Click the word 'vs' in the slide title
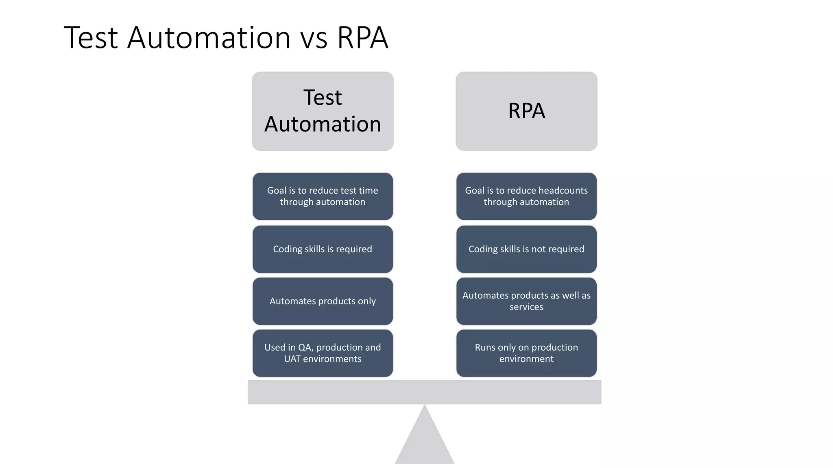click(x=314, y=39)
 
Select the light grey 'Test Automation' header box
click(x=323, y=111)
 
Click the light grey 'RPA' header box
click(x=526, y=111)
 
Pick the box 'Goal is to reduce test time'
click(x=323, y=196)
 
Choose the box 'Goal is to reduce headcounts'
click(x=526, y=196)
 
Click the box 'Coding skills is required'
click(x=323, y=249)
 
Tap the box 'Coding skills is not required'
click(x=526, y=249)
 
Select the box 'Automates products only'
click(x=323, y=301)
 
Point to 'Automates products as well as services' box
click(x=526, y=301)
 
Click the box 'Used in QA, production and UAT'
click(x=323, y=353)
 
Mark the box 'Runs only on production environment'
click(x=526, y=353)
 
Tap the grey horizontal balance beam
click(x=425, y=392)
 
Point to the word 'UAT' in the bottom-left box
click(x=292, y=359)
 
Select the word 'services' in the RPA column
click(x=526, y=307)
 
